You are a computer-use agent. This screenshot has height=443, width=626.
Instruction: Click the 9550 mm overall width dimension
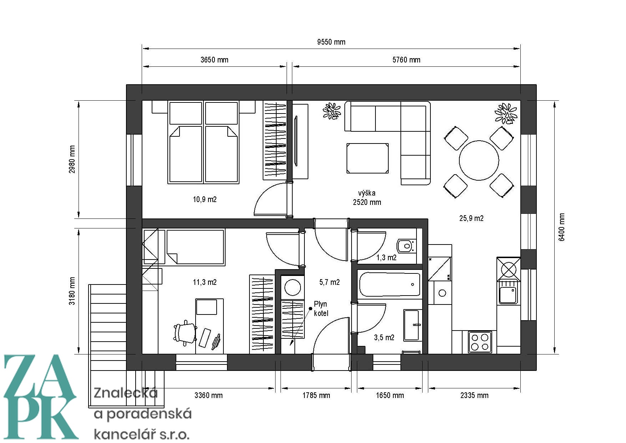click(331, 42)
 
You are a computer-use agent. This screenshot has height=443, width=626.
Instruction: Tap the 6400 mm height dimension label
click(562, 227)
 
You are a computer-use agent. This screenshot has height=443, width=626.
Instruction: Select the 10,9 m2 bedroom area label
click(205, 200)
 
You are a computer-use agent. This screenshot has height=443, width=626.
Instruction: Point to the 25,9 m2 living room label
click(471, 218)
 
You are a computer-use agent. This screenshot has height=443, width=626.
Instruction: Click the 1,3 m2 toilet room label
click(387, 258)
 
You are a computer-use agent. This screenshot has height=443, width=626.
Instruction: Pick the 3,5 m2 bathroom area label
click(384, 338)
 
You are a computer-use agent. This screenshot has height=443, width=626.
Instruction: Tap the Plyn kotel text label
click(321, 309)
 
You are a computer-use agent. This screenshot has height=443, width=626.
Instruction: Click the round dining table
click(479, 160)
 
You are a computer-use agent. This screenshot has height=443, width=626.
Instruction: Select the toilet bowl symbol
click(407, 246)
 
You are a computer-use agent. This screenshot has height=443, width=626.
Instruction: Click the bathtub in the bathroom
click(390, 285)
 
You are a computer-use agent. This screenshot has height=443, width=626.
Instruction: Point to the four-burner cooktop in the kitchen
click(480, 342)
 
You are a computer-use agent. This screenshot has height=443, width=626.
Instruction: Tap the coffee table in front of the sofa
click(368, 158)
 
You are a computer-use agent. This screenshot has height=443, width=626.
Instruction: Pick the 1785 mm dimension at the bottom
click(316, 396)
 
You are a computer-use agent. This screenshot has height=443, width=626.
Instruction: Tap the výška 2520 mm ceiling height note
click(367, 198)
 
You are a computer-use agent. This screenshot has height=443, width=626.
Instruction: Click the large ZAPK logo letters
click(40, 396)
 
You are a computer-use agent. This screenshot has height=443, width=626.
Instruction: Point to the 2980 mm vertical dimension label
click(72, 159)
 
